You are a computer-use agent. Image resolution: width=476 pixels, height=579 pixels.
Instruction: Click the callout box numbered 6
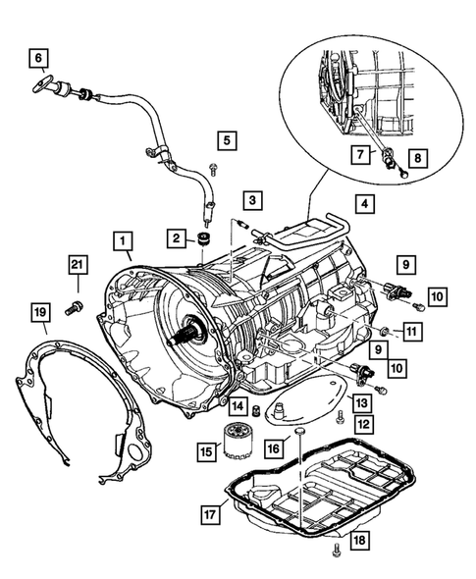pos(39,58)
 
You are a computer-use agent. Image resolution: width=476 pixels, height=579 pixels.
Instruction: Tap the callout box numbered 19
pos(40,312)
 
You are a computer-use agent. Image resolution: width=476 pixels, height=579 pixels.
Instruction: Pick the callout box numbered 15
pos(207,450)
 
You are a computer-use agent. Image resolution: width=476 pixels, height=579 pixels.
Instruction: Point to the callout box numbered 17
pos(211,514)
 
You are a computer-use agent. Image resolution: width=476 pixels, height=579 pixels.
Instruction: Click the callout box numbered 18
pos(359,540)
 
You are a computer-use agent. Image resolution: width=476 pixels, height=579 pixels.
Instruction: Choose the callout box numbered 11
pos(412,332)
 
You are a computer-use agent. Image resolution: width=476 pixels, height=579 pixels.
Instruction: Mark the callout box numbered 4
pos(365,204)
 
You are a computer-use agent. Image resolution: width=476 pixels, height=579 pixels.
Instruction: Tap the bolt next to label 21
pos(75,306)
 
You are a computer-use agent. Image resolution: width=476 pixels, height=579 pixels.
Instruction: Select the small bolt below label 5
pos(213,169)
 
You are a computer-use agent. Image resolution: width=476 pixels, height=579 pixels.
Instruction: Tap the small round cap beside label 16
pos(299,431)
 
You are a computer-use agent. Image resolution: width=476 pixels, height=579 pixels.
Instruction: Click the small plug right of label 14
pos(254,409)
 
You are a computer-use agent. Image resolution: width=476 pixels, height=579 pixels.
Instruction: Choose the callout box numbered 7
pos(360,154)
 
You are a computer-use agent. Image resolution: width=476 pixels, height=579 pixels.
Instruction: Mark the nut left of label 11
pos(384,331)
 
